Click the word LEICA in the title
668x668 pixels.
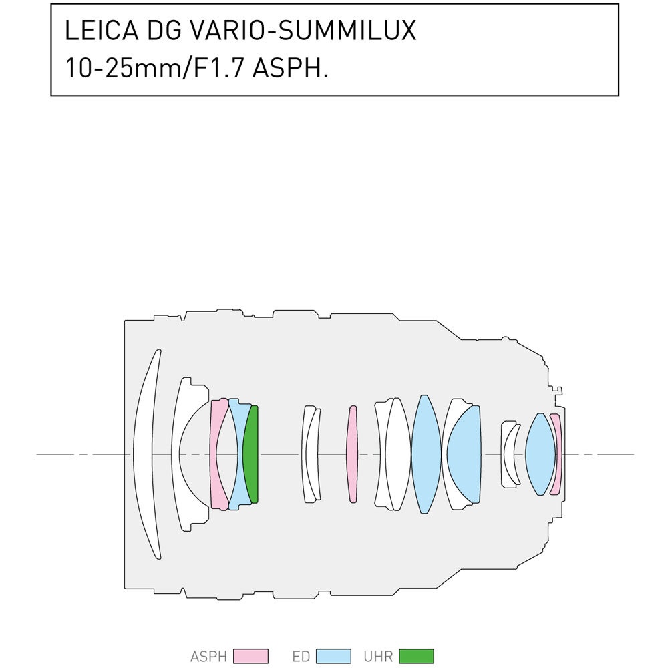point(102,30)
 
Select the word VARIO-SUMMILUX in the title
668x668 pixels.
point(301,30)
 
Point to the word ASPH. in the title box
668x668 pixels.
point(291,68)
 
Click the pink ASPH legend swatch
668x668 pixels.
point(251,656)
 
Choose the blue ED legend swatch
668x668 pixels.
point(333,656)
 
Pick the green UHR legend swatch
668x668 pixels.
point(416,656)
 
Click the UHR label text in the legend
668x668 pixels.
point(378,657)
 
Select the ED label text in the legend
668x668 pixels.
point(301,657)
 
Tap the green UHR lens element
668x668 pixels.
point(252,454)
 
